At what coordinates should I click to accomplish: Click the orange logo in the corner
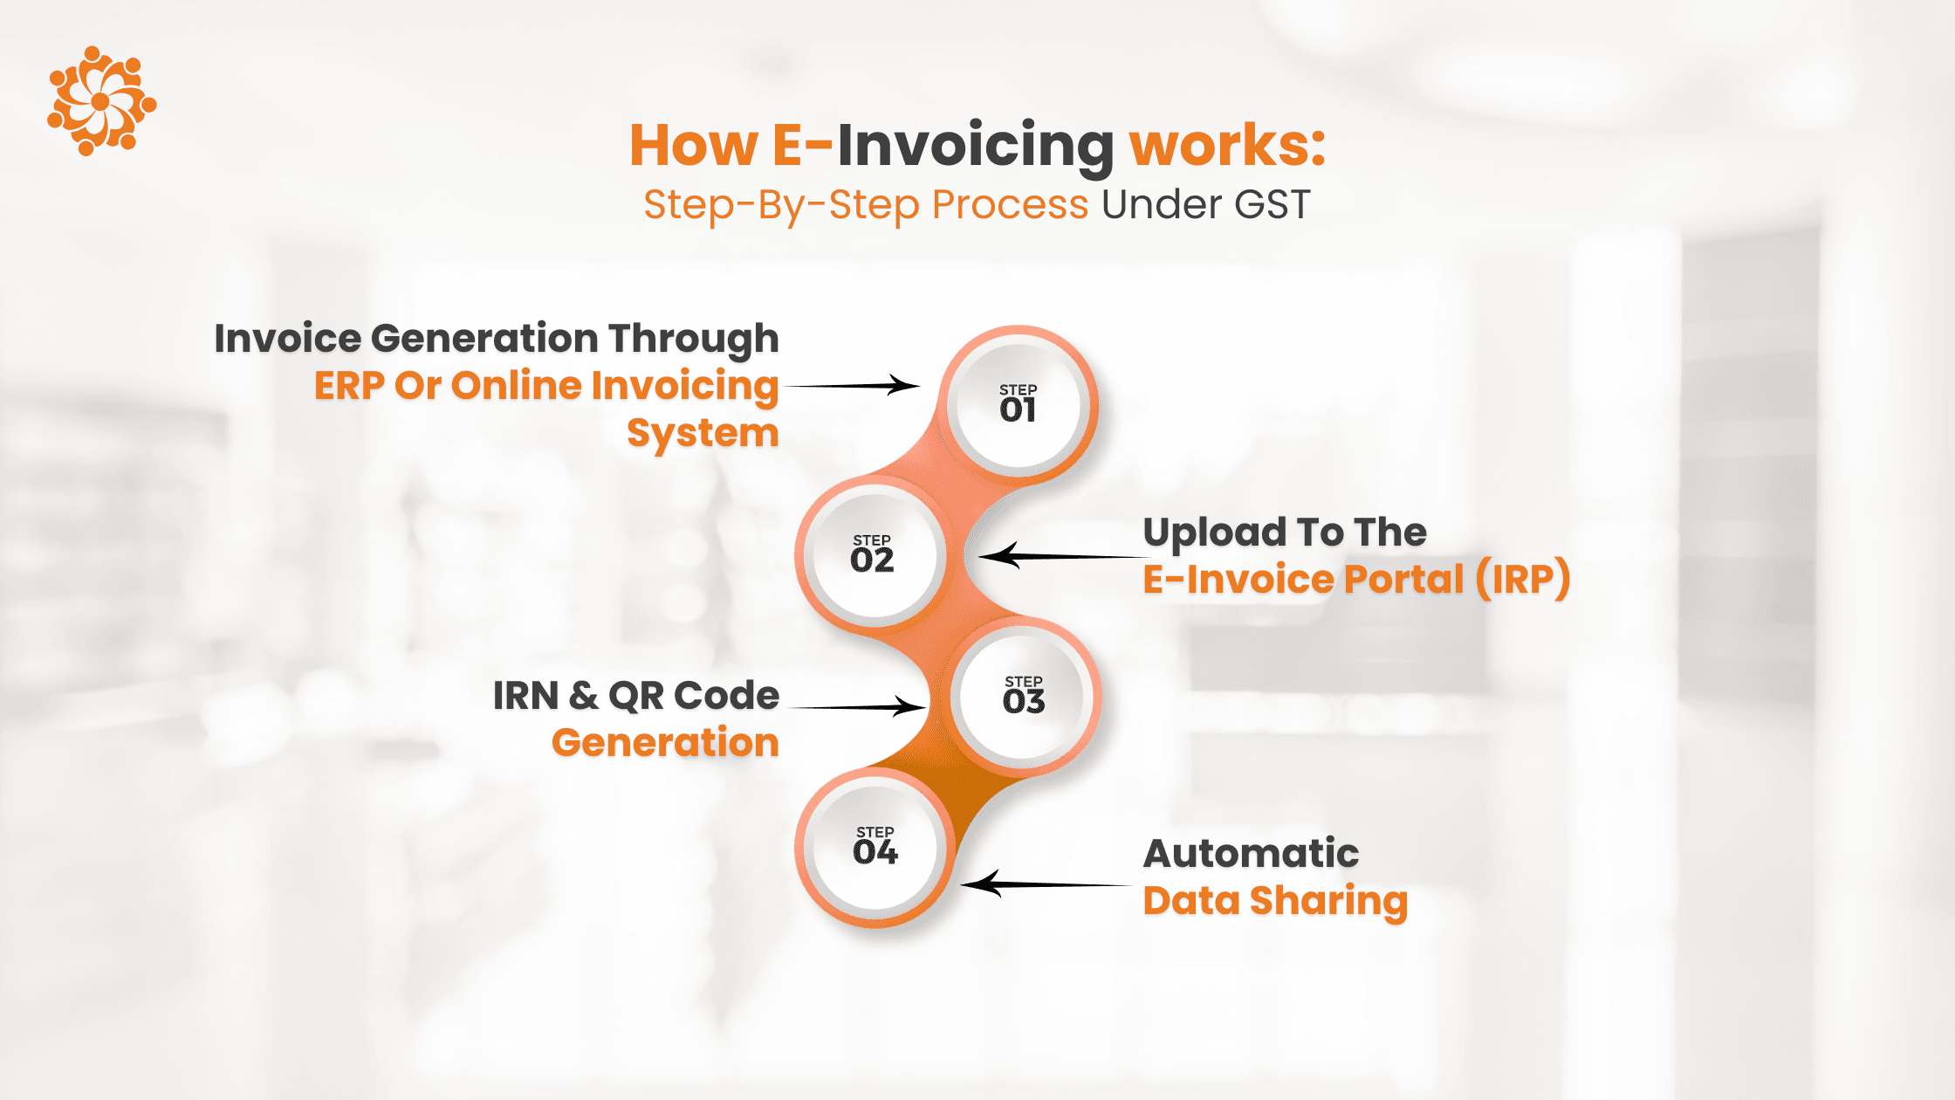pos(101,101)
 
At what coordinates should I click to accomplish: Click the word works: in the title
pos(1227,144)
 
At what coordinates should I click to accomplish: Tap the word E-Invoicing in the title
pos(943,146)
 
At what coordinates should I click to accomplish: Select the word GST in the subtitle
pos(1272,204)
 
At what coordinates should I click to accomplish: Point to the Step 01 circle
pos(1019,405)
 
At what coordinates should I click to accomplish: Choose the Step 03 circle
pos(1023,697)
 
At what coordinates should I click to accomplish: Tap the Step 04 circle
pos(875,848)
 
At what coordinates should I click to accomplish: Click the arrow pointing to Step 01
pos(852,385)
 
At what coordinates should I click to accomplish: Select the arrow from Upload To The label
pos(1063,555)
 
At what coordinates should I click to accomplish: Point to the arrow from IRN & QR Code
pos(857,706)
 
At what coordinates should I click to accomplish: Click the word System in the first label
pos(703,434)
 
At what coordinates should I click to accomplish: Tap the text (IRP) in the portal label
pos(1523,579)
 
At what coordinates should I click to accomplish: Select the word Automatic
pos(1251,853)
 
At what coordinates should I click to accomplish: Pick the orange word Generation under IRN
pos(665,743)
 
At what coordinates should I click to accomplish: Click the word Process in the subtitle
pos(1010,204)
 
